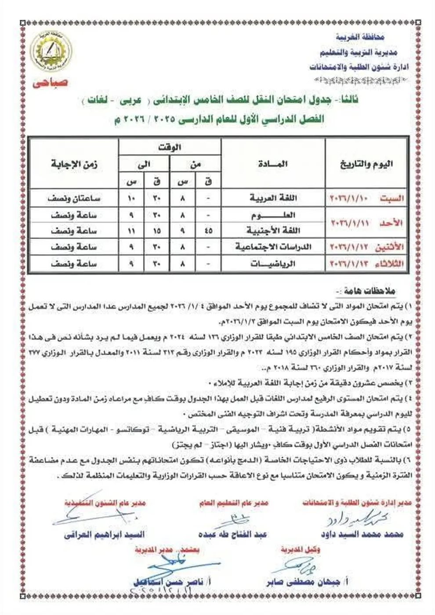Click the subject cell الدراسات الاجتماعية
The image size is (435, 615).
(x=266, y=248)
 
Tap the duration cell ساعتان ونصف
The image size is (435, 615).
(x=74, y=198)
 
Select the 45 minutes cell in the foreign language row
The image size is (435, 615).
(x=209, y=231)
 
